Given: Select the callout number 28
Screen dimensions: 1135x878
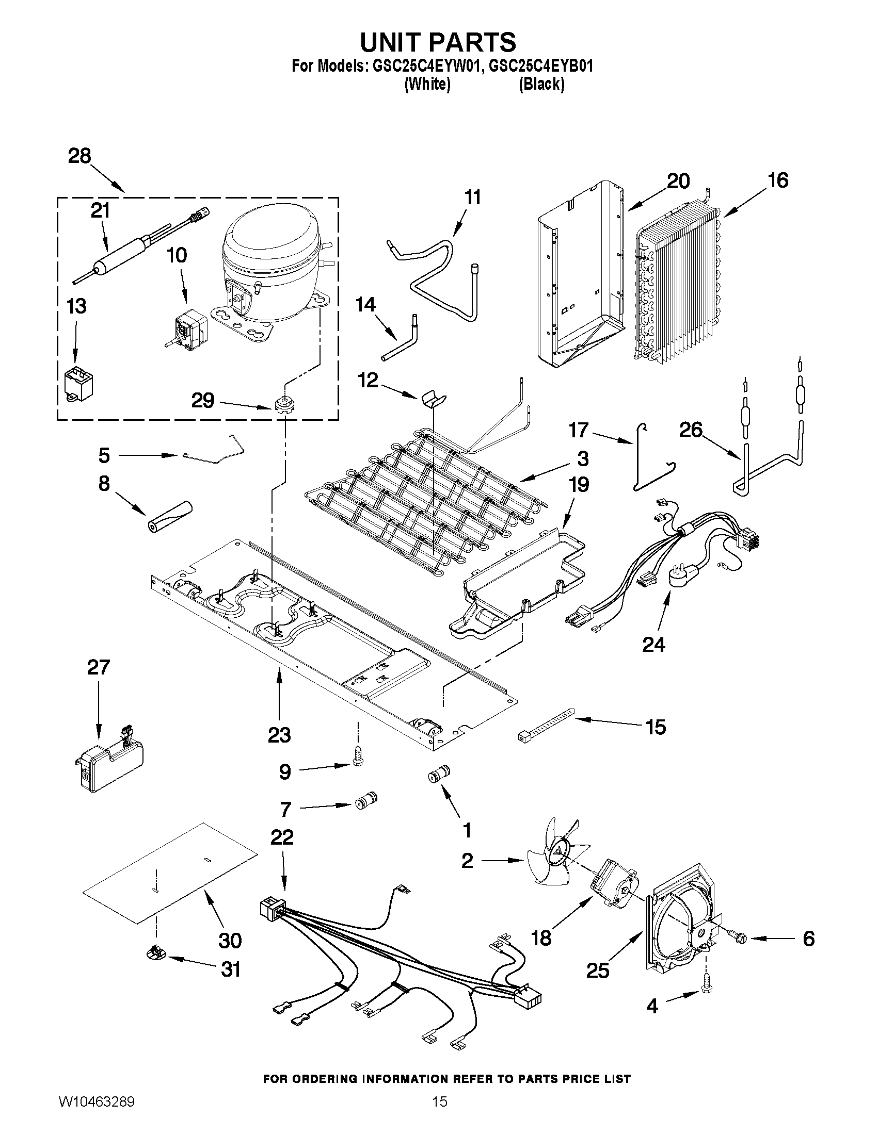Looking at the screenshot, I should coord(79,156).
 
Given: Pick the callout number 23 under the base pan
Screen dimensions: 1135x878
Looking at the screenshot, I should coord(279,735).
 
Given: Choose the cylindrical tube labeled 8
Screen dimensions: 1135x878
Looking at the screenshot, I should coord(170,517).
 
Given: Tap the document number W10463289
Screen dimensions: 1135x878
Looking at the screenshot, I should coord(96,1116).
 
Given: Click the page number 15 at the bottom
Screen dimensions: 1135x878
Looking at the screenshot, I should coord(440,1116).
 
